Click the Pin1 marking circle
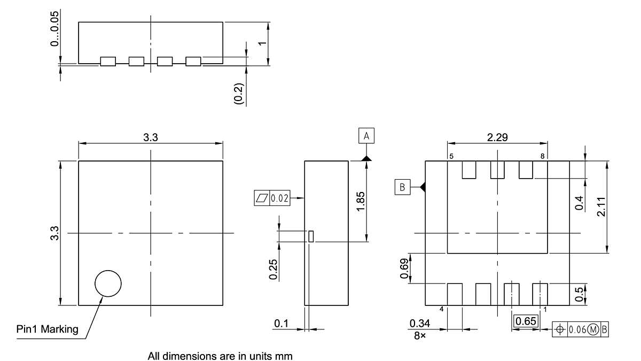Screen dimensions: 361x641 point(108,283)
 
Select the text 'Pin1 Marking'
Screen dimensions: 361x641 point(47,329)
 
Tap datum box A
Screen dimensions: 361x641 point(366,136)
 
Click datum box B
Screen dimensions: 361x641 point(402,187)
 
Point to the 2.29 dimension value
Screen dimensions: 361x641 point(497,137)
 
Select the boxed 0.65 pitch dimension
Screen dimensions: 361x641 point(526,321)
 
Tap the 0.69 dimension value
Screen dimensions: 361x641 point(404,268)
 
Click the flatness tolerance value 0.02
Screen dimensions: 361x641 point(279,198)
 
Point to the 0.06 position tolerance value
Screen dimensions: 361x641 point(576,329)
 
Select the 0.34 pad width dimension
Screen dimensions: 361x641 point(419,324)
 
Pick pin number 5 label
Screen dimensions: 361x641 point(451,157)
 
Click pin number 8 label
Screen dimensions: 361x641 point(543,157)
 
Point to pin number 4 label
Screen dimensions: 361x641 point(442,309)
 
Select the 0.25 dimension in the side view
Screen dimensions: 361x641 point(274,269)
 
